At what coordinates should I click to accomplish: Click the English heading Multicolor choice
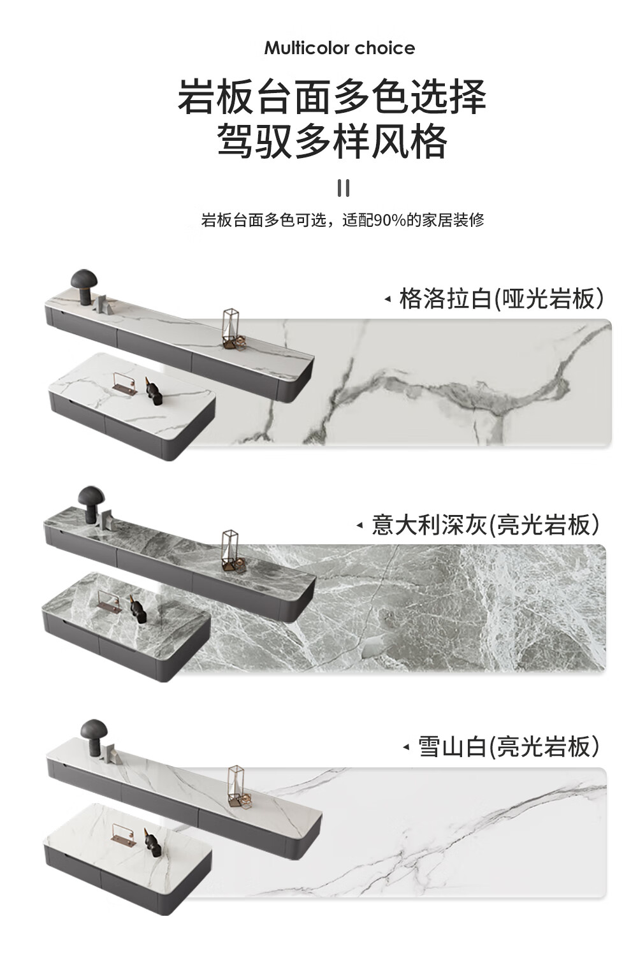[339, 48]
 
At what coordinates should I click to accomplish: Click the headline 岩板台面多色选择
[332, 97]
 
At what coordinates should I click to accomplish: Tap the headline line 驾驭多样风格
[332, 141]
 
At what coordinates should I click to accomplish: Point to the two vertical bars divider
[344, 188]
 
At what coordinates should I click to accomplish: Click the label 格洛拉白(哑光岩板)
[501, 298]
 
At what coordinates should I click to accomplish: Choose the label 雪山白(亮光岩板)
[509, 746]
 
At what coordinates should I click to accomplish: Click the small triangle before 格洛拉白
[387, 299]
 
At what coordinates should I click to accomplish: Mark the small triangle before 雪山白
[405, 747]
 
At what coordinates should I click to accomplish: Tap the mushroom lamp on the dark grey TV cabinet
[91, 504]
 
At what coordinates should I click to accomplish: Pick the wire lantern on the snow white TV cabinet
[237, 786]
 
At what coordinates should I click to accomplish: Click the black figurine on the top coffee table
[154, 390]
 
